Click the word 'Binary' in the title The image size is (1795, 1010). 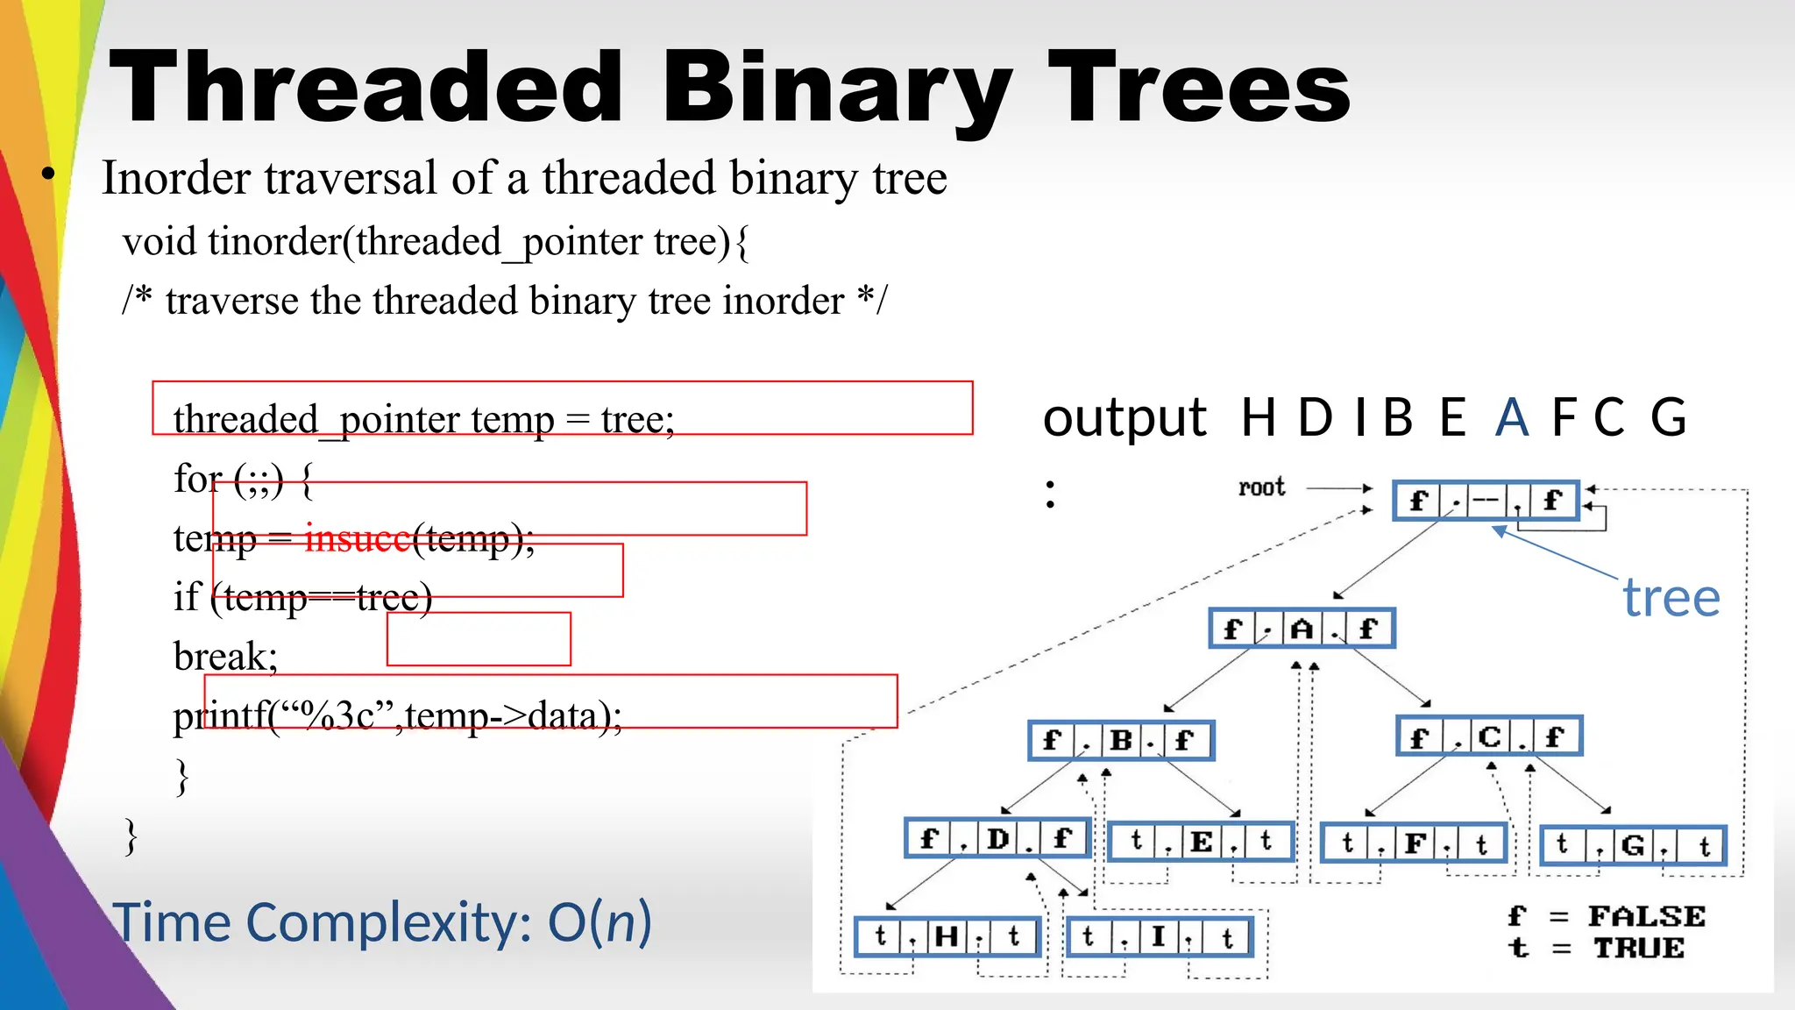(837, 88)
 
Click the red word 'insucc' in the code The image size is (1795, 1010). (357, 538)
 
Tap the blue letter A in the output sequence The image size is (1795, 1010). (1512, 417)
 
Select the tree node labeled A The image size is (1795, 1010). (1302, 629)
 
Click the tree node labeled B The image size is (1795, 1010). (1121, 740)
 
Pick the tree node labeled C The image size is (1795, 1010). (1489, 736)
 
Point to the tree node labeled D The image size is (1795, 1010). (997, 839)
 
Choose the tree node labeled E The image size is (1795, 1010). (1201, 842)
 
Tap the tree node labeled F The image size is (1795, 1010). (1414, 843)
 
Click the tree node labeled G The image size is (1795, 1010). (1633, 845)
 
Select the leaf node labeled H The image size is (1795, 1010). (947, 936)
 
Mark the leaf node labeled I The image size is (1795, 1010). (1159, 936)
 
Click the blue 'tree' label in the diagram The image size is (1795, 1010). (1671, 598)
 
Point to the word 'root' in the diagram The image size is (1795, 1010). (1261, 487)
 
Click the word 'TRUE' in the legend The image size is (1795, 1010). (1638, 948)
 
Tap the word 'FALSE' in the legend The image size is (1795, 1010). (1646, 916)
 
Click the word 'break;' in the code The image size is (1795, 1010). (225, 657)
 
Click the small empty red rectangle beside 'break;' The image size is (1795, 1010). (479, 639)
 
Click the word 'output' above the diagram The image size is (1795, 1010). (1124, 417)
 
